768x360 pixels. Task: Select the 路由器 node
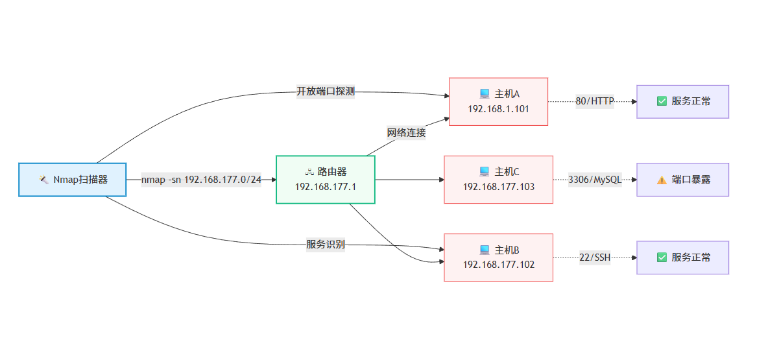tap(325, 180)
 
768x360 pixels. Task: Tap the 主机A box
tap(498, 101)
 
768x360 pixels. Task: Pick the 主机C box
tap(498, 180)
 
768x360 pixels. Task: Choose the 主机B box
tap(498, 258)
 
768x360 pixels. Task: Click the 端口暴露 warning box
tap(682, 180)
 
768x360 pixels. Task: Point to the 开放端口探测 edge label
tap(326, 91)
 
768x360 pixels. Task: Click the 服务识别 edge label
tap(326, 245)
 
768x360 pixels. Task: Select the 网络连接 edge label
tap(406, 133)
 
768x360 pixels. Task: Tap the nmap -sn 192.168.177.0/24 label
tap(201, 180)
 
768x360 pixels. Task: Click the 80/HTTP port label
tap(595, 101)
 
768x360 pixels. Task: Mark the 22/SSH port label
tap(595, 258)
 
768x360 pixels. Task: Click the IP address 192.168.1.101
tap(498, 109)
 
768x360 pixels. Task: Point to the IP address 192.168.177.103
tap(498, 187)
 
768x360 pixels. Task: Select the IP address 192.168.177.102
tap(498, 265)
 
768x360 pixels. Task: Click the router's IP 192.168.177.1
tap(325, 187)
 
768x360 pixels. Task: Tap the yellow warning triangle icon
tap(662, 180)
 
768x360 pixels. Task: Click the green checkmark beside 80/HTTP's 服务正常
tap(662, 101)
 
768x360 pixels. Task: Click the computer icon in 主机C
tap(484, 172)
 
